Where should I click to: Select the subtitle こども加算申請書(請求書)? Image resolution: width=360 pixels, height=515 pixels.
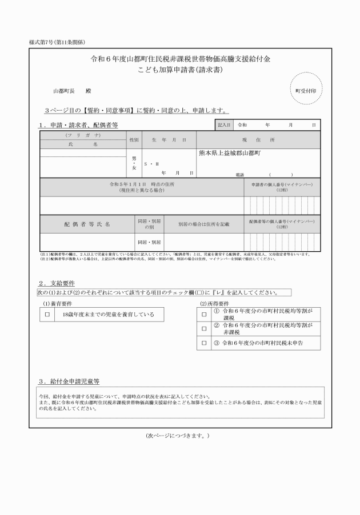pos(180,71)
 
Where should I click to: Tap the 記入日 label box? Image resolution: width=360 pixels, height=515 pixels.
pos(223,124)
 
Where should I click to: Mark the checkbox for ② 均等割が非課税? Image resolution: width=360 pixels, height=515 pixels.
pos(203,329)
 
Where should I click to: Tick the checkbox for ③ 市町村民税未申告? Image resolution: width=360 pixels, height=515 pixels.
pos(203,344)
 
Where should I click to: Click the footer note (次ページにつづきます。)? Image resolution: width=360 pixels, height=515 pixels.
pos(179,436)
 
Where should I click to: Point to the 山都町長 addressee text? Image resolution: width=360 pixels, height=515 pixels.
pos(64,91)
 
